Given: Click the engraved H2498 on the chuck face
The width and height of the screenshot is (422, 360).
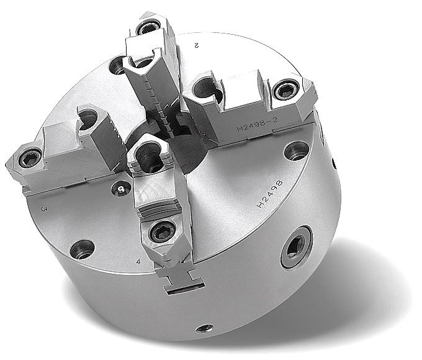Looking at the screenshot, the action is click(270, 194).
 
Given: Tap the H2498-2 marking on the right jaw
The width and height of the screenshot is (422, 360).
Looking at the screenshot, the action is click(257, 124).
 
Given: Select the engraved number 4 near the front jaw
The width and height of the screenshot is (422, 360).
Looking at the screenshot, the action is click(138, 261).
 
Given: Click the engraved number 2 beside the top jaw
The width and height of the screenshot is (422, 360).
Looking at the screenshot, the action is click(196, 45).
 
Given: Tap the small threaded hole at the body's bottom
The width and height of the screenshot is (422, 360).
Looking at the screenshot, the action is click(205, 328).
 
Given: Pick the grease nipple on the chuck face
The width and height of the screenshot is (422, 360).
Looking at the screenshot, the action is click(121, 189).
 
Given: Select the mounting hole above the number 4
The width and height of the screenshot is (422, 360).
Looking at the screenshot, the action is click(82, 250).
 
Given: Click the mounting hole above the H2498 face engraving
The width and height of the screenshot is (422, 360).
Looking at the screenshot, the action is click(297, 150).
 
